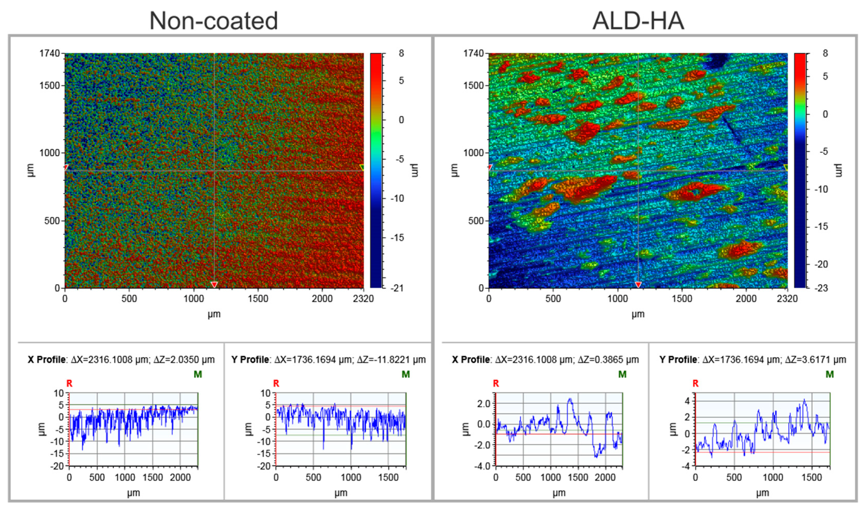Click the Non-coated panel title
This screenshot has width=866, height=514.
point(214,21)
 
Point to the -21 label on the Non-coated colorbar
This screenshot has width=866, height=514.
point(396,288)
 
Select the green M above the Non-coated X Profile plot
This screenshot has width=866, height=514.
point(198,374)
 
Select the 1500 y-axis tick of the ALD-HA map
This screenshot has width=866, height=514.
point(473,86)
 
